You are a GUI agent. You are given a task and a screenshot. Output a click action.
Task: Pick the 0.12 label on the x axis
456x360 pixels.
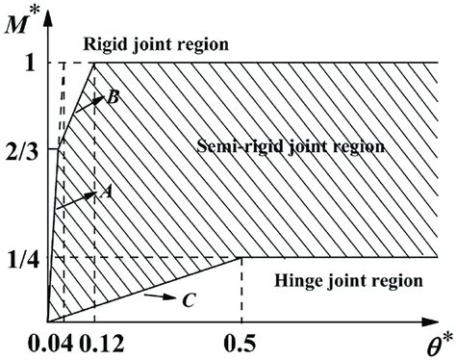100,341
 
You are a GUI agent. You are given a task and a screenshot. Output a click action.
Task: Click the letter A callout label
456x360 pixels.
107,193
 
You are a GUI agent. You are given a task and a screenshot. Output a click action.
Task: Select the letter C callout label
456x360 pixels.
189,301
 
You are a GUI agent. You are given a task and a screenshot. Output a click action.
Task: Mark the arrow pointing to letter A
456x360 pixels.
77,201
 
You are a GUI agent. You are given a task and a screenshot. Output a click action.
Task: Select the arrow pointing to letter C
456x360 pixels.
156,297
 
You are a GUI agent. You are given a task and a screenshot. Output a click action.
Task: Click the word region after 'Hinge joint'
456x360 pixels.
395,282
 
